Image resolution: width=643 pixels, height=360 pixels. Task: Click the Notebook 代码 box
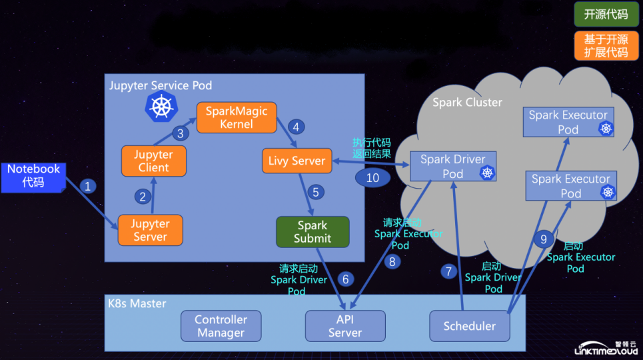click(x=33, y=177)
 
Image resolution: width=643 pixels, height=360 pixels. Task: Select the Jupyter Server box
click(x=151, y=230)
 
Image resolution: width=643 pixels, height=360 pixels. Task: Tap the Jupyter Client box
click(x=154, y=161)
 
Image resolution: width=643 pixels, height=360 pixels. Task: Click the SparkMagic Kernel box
click(x=237, y=117)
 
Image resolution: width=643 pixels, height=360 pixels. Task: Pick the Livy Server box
click(x=297, y=161)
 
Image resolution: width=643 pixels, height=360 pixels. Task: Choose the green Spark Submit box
click(x=313, y=231)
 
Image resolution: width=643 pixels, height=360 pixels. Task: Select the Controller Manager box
click(x=221, y=326)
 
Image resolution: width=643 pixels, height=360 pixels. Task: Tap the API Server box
click(x=345, y=326)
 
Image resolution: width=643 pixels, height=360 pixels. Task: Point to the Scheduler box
click(x=470, y=326)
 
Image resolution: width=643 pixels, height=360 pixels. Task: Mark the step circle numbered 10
click(x=372, y=177)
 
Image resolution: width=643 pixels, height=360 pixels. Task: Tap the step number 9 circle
click(x=544, y=239)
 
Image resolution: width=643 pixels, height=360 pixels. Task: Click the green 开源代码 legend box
click(x=606, y=15)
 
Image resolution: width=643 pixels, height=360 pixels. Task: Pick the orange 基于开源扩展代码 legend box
click(x=606, y=45)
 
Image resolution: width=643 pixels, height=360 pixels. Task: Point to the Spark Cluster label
click(x=467, y=103)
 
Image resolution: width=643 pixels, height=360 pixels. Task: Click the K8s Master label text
click(x=137, y=303)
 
